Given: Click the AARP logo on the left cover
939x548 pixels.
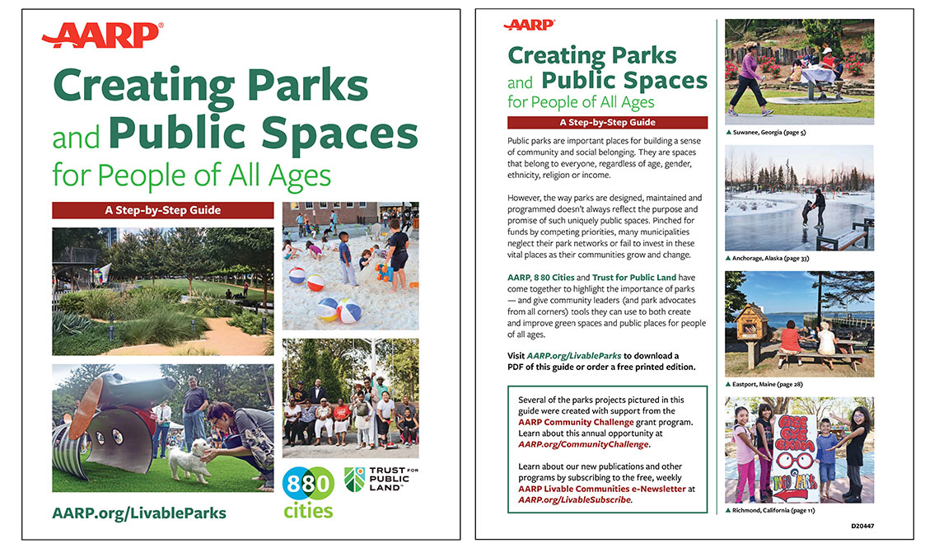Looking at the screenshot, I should coord(102,35).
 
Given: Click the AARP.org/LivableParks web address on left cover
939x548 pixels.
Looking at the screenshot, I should coord(138,513).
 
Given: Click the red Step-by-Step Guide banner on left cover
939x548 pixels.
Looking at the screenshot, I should coord(162,210).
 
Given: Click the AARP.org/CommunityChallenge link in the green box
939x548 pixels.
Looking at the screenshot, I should coord(584,444).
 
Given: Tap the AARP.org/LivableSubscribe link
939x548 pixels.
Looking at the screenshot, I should coord(575,499).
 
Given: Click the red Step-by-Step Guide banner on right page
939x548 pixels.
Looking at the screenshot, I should coord(607,123).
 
